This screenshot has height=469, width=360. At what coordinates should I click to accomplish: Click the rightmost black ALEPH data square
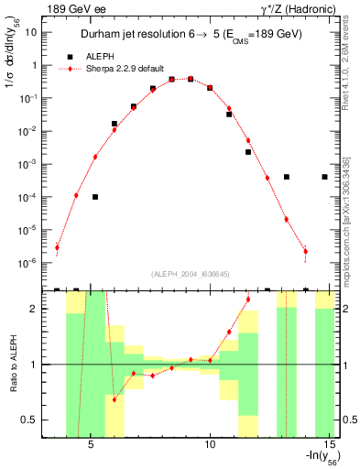click(x=325, y=177)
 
